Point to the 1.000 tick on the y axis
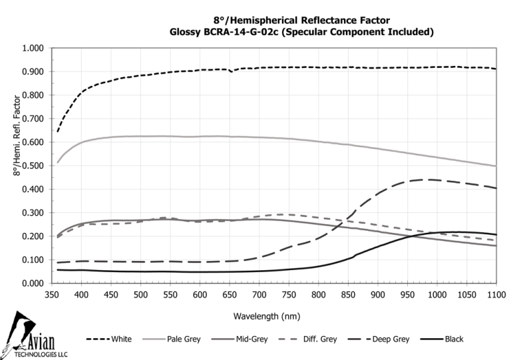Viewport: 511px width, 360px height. click(x=33, y=49)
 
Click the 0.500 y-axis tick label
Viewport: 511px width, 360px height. click(x=33, y=166)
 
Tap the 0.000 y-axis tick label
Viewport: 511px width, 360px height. click(x=33, y=283)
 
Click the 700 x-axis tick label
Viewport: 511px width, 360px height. click(x=259, y=293)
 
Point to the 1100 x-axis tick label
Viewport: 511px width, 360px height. click(x=496, y=293)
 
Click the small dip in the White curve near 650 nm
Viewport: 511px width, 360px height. click(x=231, y=71)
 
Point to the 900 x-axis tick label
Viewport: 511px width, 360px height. click(x=378, y=293)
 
